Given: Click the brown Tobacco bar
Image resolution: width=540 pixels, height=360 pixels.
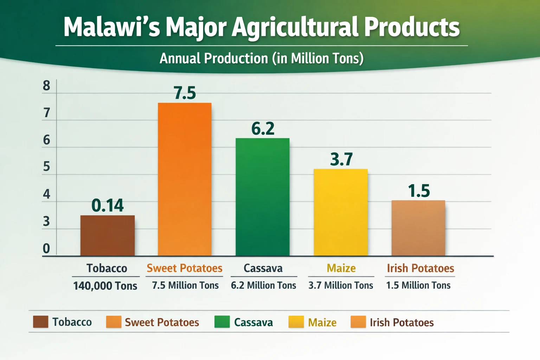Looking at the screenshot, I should click(107, 235).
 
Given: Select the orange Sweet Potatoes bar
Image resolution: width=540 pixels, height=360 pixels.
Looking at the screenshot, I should click(185, 179).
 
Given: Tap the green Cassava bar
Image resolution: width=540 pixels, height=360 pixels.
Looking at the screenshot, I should click(262, 197).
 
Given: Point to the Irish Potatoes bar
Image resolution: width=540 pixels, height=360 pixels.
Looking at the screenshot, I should click(418, 228).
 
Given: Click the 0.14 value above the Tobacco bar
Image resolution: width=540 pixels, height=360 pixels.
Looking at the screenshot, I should click(107, 205).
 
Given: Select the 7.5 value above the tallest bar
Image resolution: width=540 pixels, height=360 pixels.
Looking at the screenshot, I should click(185, 93).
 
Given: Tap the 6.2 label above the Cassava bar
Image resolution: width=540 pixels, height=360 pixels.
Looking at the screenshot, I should click(263, 129).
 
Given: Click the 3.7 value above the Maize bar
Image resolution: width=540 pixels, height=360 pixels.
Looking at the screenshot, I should click(341, 159).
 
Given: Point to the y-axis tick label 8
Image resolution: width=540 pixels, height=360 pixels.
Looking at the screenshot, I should click(46, 86).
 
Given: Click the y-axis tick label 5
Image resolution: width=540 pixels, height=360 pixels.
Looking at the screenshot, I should click(46, 166).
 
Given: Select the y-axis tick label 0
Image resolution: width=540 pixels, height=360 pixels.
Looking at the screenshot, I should click(46, 249).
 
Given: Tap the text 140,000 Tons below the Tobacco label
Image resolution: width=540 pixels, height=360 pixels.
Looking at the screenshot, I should click(105, 286).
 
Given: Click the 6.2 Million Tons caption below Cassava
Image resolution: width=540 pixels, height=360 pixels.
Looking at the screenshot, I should click(263, 285).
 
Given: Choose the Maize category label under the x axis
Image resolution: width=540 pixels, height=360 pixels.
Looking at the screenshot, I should click(341, 268).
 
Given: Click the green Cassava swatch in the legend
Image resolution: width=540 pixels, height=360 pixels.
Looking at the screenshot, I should click(222, 322).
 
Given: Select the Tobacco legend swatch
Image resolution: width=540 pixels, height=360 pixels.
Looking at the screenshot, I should click(40, 322).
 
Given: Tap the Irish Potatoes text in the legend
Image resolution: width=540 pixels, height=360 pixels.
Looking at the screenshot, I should click(401, 322).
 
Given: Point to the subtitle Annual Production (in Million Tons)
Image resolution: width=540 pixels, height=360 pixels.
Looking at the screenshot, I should click(262, 58).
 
